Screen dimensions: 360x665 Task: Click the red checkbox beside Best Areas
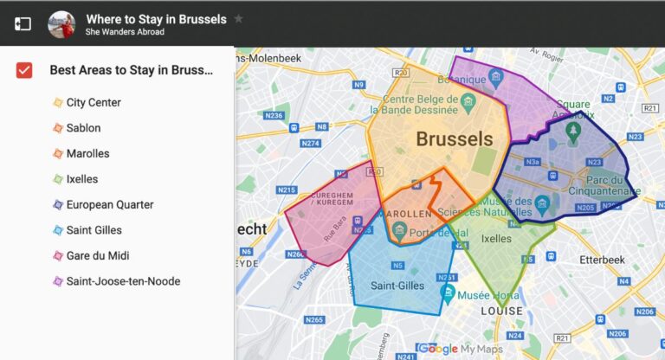[24, 70]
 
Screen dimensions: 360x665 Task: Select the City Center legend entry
[93, 102]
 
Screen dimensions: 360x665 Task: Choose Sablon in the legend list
[83, 128]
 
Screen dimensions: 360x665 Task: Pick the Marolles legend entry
[87, 153]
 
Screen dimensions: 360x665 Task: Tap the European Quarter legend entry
[109, 204]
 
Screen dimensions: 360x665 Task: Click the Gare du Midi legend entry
[97, 255]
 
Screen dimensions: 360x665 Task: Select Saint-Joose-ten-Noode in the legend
[123, 281]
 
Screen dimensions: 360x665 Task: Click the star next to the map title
[239, 18]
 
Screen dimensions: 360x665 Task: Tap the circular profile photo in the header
[61, 23]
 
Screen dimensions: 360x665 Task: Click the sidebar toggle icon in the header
[23, 23]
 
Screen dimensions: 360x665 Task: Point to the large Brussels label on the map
[454, 138]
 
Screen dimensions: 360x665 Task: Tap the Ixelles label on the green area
[496, 238]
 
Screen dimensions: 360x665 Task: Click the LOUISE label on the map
[501, 311]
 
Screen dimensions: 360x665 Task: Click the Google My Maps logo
[459, 349]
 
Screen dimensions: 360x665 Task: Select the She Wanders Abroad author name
[125, 32]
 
